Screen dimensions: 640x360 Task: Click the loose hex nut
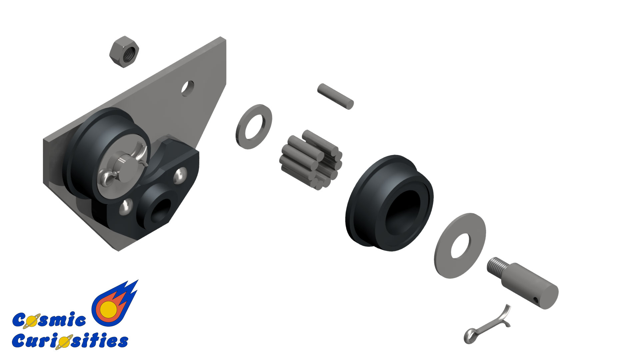click(124, 52)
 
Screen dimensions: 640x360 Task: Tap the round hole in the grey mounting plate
click(188, 88)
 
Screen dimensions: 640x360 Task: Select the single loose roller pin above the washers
click(335, 96)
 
